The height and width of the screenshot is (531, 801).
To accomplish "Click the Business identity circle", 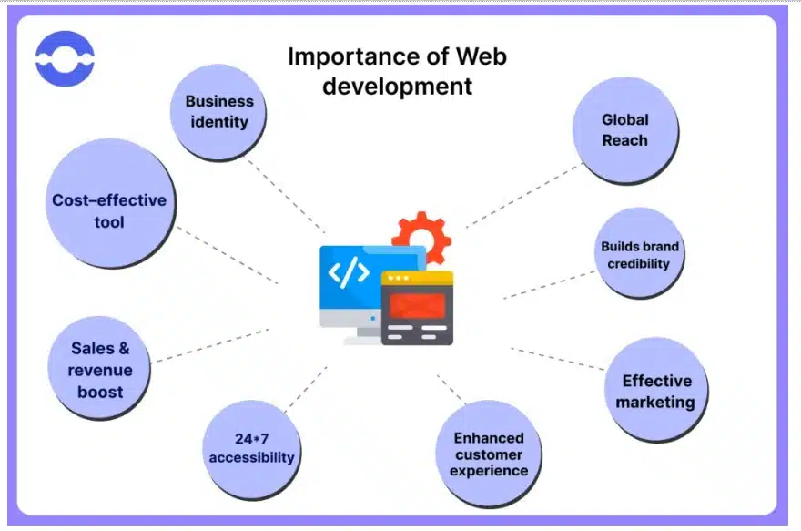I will pyautogui.click(x=219, y=111).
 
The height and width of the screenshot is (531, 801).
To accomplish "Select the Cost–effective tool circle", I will pyautogui.click(x=109, y=210).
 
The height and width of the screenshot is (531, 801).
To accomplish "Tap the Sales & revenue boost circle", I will pyautogui.click(x=100, y=370).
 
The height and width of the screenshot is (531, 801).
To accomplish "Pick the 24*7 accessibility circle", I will pyautogui.click(x=251, y=447).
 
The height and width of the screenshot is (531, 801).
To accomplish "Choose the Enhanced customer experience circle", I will pyautogui.click(x=490, y=454).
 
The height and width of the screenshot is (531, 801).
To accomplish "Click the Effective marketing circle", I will pyautogui.click(x=655, y=390).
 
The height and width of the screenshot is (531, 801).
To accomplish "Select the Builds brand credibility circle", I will pyautogui.click(x=640, y=254).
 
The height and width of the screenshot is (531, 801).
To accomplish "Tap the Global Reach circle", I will pyautogui.click(x=624, y=129).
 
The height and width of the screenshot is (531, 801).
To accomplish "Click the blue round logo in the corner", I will pyautogui.click(x=65, y=59).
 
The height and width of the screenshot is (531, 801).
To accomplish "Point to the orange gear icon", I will pyautogui.click(x=421, y=235).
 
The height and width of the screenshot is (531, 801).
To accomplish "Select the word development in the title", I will pyautogui.click(x=397, y=87).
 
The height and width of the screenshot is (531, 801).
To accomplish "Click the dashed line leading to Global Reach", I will pyautogui.click(x=523, y=195).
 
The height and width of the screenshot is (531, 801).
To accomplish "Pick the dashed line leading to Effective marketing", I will pyautogui.click(x=557, y=358).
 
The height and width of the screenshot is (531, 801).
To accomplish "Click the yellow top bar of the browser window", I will pyautogui.click(x=417, y=279).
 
